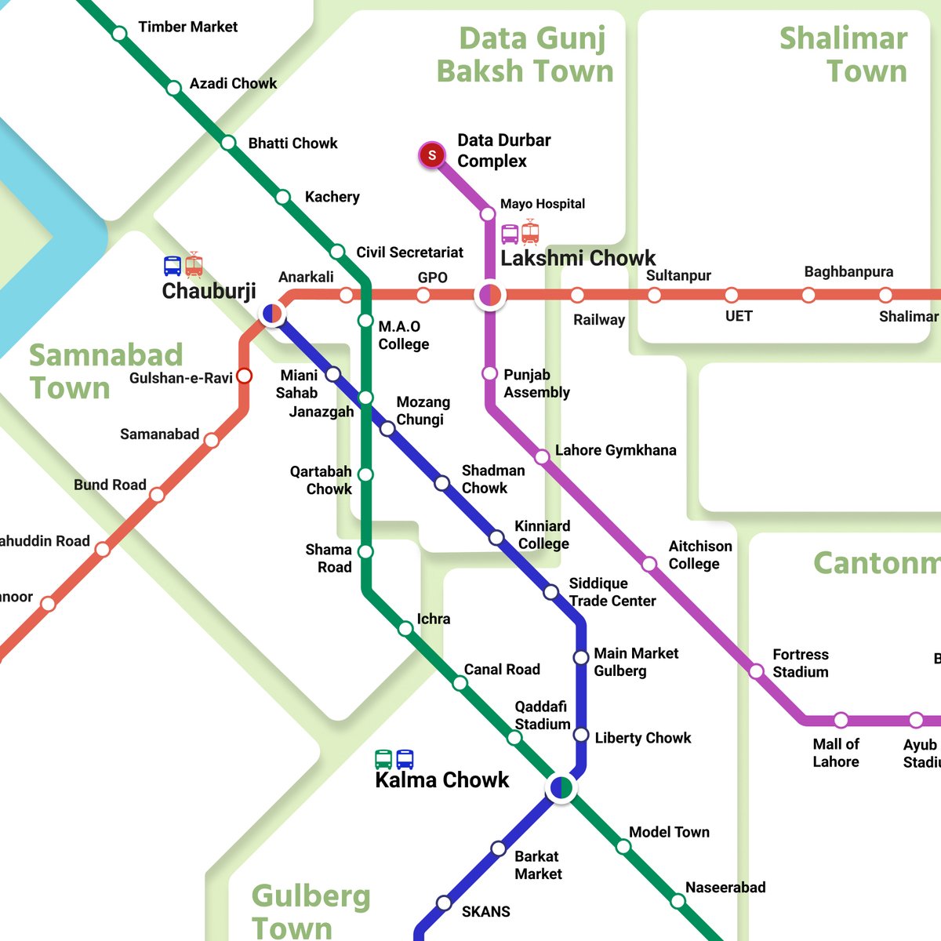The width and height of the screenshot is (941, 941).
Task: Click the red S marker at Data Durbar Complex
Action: (x=431, y=155)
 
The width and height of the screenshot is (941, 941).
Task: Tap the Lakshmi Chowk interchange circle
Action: (x=490, y=296)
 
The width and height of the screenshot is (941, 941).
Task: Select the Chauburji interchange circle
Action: (x=272, y=314)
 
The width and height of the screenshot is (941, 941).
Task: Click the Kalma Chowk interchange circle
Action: (x=561, y=787)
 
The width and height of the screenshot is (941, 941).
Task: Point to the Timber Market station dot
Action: (x=119, y=34)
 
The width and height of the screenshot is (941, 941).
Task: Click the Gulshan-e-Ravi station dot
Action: (x=244, y=376)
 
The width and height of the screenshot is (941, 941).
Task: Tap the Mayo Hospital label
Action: (x=543, y=204)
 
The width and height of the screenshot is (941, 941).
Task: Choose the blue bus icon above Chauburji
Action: (x=173, y=266)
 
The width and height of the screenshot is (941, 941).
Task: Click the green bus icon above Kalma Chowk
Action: (x=383, y=759)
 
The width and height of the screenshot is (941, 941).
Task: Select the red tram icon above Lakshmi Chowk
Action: (x=531, y=232)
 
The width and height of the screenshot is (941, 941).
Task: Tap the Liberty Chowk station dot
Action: (x=581, y=735)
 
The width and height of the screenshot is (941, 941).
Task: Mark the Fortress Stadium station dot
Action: (x=756, y=671)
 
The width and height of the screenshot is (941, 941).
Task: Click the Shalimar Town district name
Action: (x=844, y=54)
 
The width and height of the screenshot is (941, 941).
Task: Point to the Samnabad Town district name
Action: (x=105, y=371)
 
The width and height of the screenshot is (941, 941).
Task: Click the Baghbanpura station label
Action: (x=848, y=272)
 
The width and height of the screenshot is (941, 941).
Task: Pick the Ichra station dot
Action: (x=405, y=628)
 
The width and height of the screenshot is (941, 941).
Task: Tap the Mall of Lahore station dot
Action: (x=841, y=720)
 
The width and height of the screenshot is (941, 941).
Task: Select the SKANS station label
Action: (x=485, y=911)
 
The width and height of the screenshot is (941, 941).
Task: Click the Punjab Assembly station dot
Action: (x=490, y=373)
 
